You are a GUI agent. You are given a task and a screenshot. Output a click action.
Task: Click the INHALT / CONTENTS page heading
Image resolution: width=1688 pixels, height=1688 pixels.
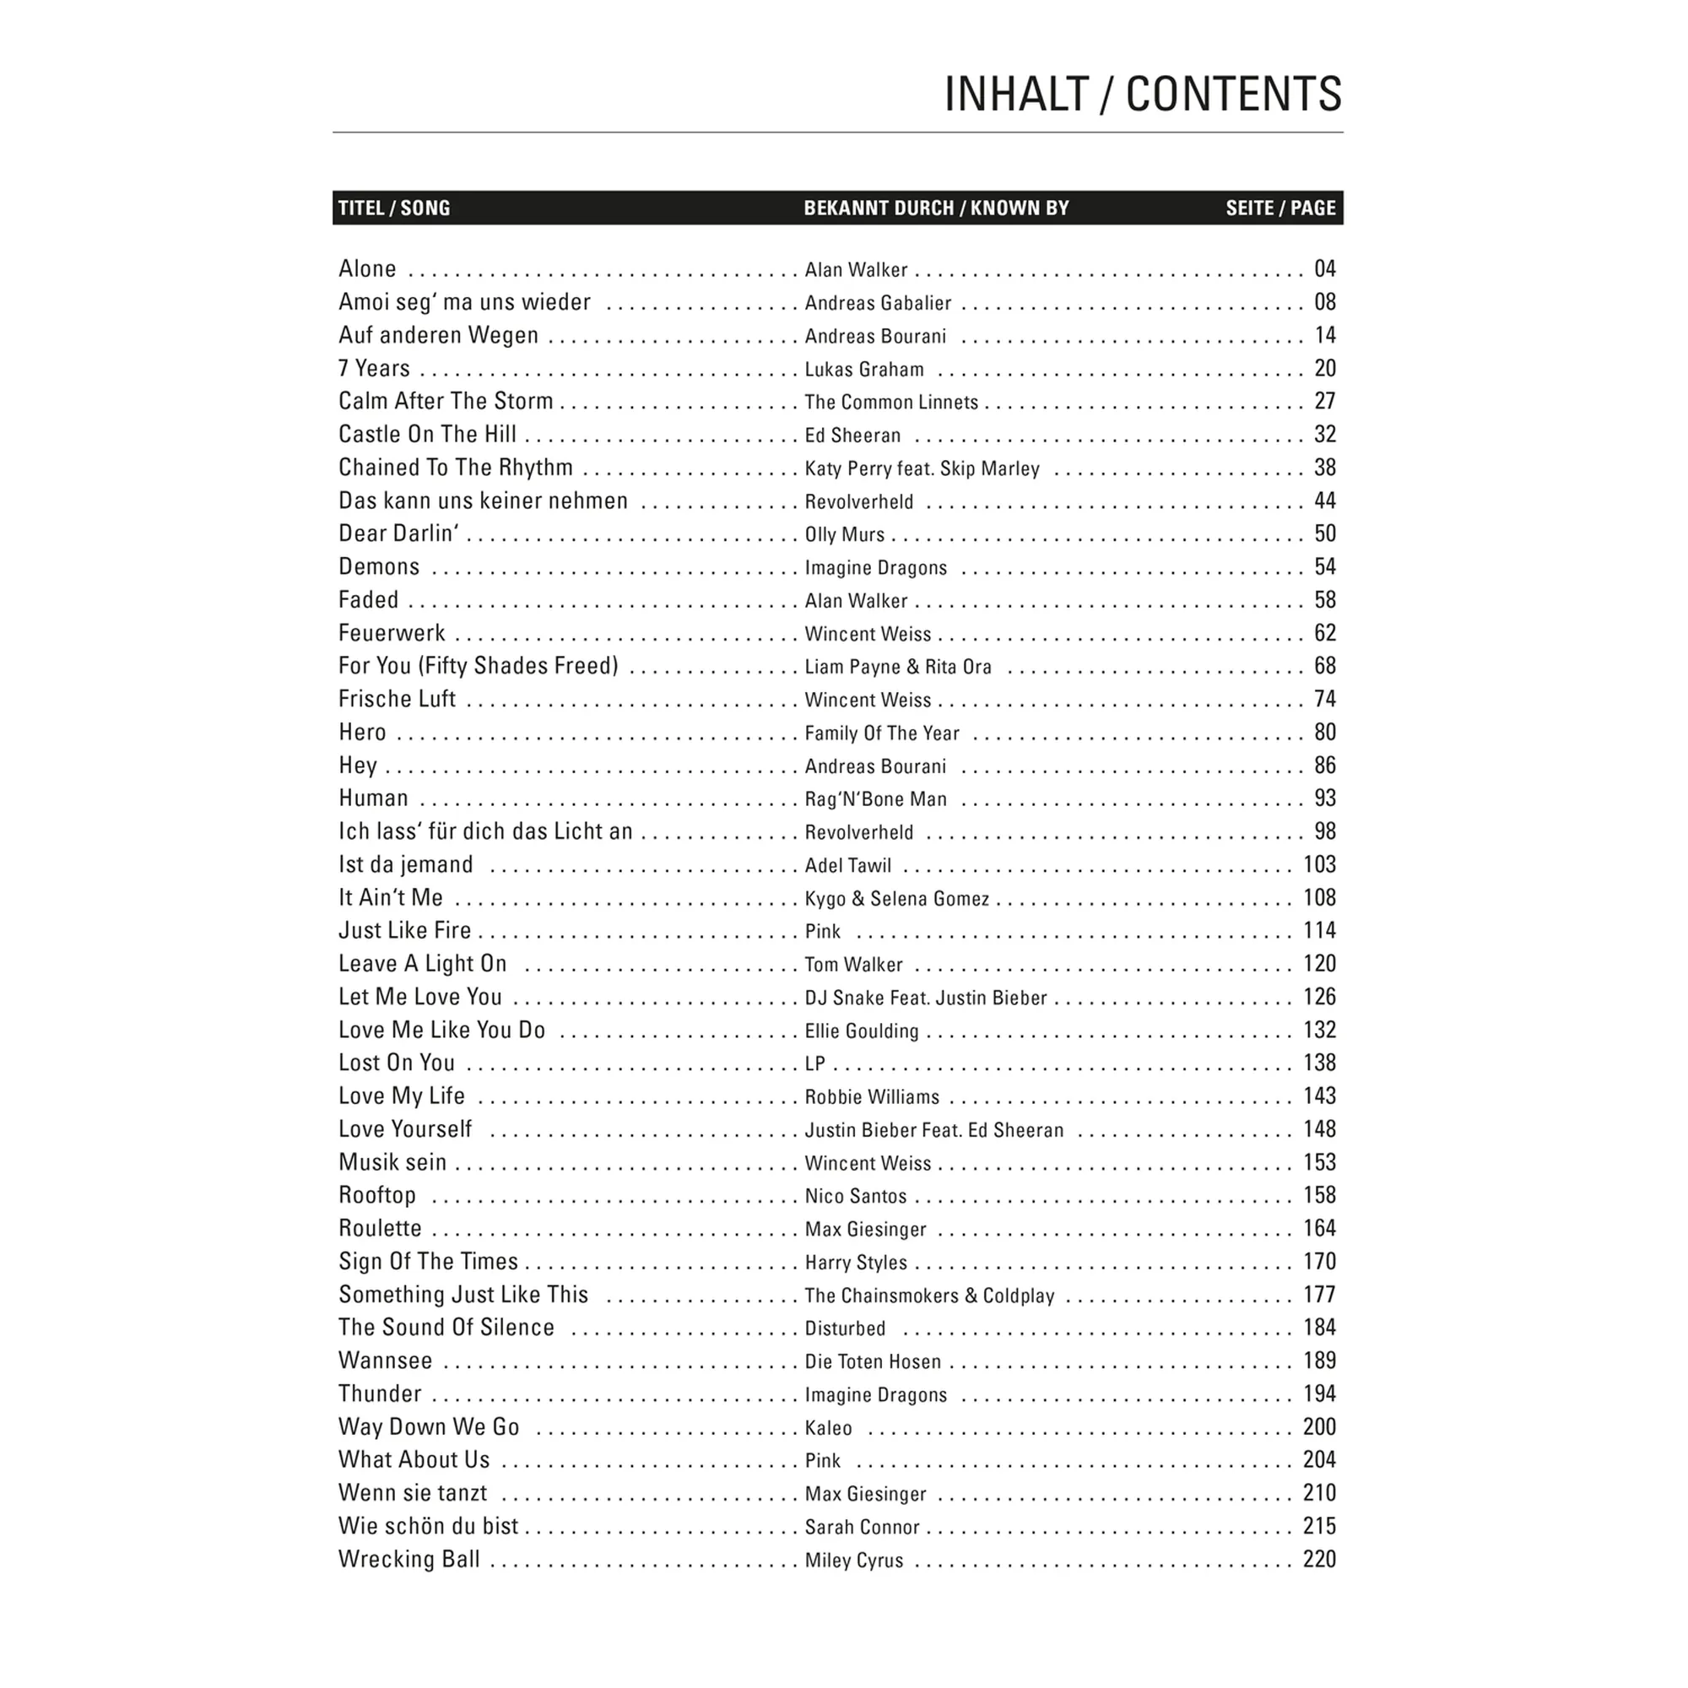[x=1142, y=95]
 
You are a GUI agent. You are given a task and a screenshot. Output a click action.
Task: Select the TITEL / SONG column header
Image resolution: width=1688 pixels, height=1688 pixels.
[x=394, y=208]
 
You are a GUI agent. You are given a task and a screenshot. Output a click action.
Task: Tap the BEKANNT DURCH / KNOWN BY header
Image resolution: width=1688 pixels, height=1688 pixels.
[x=936, y=208]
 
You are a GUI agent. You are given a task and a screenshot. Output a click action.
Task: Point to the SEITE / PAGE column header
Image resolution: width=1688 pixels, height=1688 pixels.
[x=1280, y=208]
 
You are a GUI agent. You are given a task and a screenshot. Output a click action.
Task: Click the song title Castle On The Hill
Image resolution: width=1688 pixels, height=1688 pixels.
[x=427, y=434]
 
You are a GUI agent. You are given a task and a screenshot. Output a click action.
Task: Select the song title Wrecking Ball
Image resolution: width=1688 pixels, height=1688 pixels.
[x=408, y=1560]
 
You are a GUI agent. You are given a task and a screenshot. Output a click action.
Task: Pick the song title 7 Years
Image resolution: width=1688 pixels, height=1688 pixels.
[x=374, y=369]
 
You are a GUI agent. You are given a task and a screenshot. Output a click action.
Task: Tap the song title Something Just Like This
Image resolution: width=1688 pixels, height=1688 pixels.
[x=463, y=1295]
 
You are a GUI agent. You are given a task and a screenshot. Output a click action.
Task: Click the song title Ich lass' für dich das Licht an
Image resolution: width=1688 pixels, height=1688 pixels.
[x=485, y=832]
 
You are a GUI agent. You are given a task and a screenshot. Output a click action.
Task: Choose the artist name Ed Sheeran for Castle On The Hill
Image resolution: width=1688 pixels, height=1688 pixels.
[x=852, y=436]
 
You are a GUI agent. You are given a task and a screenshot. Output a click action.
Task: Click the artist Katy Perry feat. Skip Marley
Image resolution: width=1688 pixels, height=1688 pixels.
[x=922, y=468]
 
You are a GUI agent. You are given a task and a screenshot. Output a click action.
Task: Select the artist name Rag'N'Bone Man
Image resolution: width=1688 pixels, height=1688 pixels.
[x=875, y=799]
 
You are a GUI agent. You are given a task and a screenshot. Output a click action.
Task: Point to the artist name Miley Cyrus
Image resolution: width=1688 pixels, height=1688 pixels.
[x=853, y=1561]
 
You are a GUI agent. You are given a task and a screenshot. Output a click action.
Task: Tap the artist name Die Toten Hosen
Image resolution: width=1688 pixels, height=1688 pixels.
[x=873, y=1362]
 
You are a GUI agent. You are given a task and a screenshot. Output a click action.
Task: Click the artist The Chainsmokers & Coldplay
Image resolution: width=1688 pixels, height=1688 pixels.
[x=929, y=1296]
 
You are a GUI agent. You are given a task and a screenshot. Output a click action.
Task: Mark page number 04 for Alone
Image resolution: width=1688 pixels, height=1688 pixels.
[x=1324, y=269]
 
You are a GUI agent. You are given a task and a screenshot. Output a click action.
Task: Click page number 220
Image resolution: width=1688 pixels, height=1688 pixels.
[x=1319, y=1560]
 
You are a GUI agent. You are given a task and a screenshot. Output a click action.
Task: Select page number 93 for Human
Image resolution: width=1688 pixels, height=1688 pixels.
[x=1324, y=798]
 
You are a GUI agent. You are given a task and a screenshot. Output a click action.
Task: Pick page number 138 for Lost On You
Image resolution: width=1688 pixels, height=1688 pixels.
[x=1319, y=1063]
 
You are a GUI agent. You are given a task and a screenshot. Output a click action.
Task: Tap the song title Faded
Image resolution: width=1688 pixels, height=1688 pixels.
[x=368, y=600]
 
